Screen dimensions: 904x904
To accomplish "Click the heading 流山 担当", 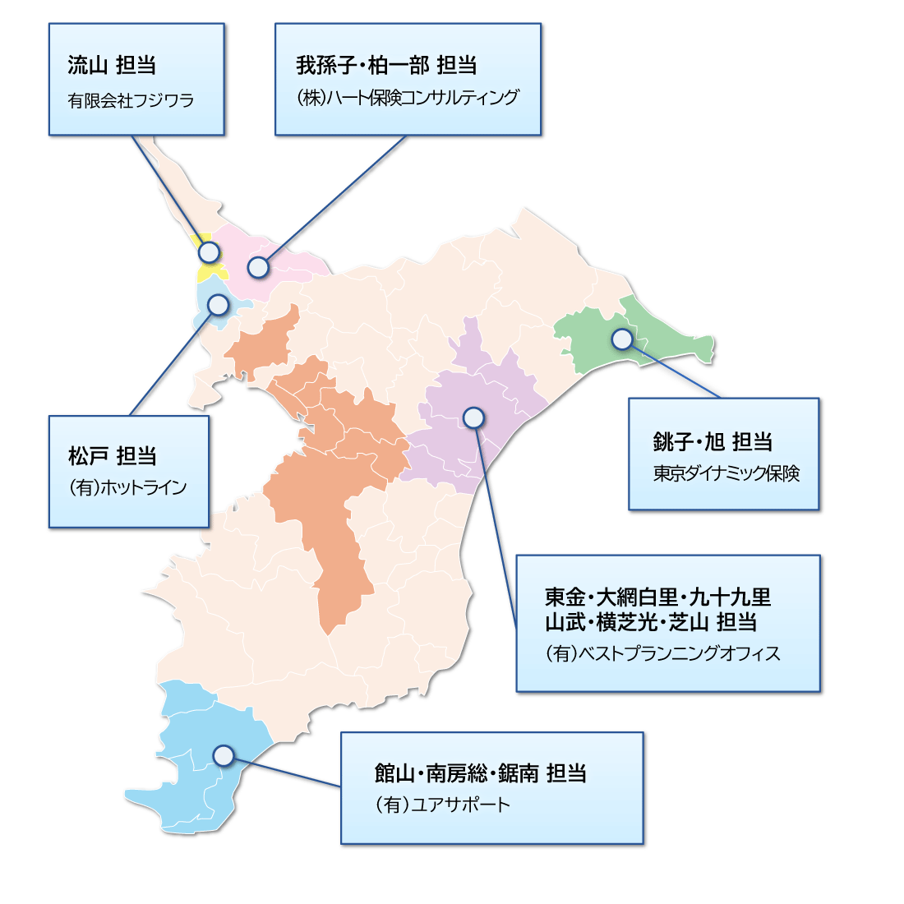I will (x=112, y=65).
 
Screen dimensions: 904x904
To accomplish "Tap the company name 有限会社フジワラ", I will (x=131, y=100).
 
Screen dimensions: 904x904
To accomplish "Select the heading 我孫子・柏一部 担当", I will (x=386, y=65).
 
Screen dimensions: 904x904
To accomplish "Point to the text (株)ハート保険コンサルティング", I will (x=408, y=98).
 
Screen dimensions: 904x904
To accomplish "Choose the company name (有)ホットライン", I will (x=127, y=487).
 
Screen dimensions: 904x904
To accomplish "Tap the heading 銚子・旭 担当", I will (x=713, y=441).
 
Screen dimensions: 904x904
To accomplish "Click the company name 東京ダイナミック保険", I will (x=726, y=474).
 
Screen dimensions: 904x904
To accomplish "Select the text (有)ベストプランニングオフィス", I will (x=662, y=653).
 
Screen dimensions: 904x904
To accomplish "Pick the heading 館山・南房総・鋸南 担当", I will (x=480, y=773).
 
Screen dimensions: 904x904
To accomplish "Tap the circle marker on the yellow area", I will (x=209, y=251).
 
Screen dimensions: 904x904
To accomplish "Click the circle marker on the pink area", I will (x=258, y=267).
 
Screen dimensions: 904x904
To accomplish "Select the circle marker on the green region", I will (x=622, y=339).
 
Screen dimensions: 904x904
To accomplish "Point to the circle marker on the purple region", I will (x=473, y=417).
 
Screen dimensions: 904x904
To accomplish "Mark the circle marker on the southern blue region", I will (x=223, y=755).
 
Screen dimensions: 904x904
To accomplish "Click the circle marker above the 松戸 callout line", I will (x=218, y=305).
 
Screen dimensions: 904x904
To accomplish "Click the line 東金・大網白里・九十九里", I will (x=657, y=597).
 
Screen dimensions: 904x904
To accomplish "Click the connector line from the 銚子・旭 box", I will (x=674, y=370).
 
